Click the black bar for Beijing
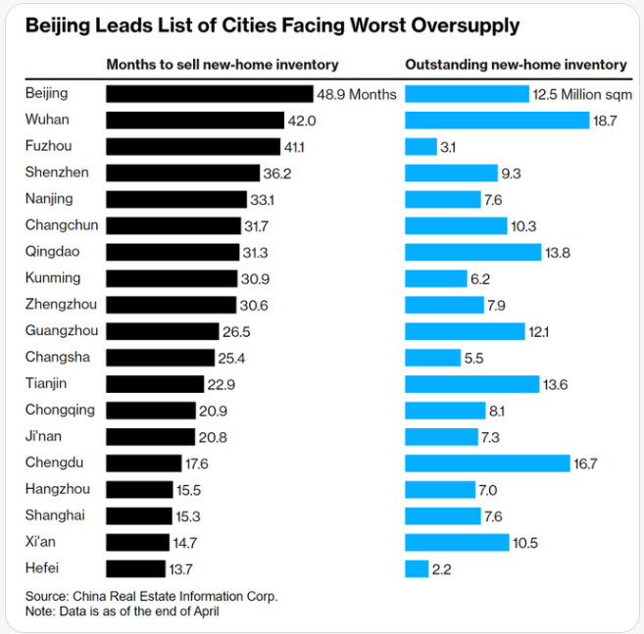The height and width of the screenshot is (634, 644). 209,94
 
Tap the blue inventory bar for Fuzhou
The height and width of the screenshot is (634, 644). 421,146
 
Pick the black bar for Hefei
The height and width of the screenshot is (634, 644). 135,568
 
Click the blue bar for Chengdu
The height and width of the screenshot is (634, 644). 487,463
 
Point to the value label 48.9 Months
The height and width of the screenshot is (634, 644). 357,94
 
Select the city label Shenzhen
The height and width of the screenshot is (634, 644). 58,172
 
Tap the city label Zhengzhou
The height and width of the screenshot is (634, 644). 62,304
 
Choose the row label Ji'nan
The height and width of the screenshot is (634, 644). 45,436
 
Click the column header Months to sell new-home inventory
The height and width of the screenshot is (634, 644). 222,65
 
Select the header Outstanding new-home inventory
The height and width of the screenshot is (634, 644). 516,65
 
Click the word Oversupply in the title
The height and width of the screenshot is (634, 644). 462,24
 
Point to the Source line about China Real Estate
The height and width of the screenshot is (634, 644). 152,595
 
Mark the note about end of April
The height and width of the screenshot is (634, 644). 124,611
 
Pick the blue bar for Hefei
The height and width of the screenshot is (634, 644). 417,568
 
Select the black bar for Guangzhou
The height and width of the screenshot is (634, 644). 162,331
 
